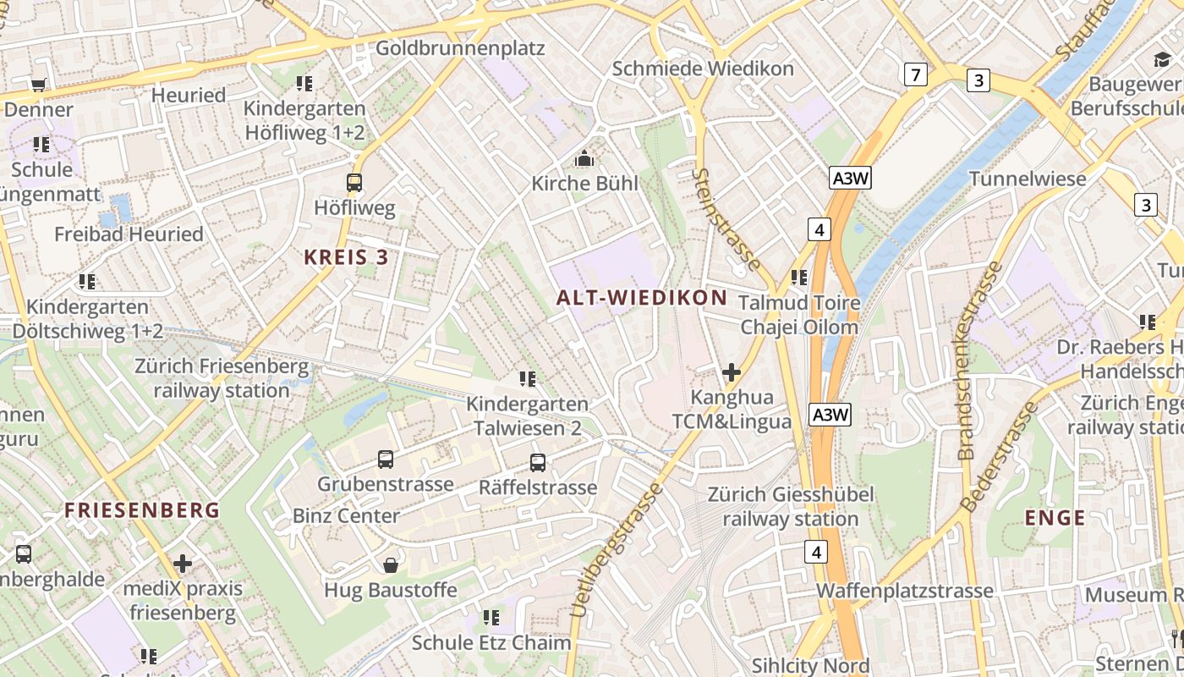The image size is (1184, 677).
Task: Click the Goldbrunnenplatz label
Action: click(460, 48)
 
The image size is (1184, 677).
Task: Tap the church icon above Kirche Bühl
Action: click(584, 158)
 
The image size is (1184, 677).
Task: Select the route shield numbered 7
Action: click(914, 74)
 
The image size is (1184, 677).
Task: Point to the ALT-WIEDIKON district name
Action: click(642, 297)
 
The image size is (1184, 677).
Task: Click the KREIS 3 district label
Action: click(346, 257)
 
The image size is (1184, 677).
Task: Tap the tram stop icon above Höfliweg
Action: click(354, 182)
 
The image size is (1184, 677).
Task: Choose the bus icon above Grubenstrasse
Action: click(386, 460)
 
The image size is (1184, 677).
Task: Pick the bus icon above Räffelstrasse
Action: click(538, 463)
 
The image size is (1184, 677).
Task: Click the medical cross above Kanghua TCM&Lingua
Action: click(732, 372)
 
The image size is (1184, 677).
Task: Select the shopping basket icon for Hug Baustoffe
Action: click(391, 565)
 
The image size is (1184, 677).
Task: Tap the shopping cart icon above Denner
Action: click(38, 85)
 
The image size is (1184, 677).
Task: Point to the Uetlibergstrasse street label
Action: click(615, 550)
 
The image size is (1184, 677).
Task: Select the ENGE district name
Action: click(1055, 518)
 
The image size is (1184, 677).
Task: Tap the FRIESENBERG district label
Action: click(142, 510)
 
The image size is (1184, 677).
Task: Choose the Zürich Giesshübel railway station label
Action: click(791, 506)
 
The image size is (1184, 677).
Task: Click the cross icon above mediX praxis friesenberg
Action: click(183, 564)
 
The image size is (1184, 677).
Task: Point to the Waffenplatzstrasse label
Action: click(904, 590)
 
